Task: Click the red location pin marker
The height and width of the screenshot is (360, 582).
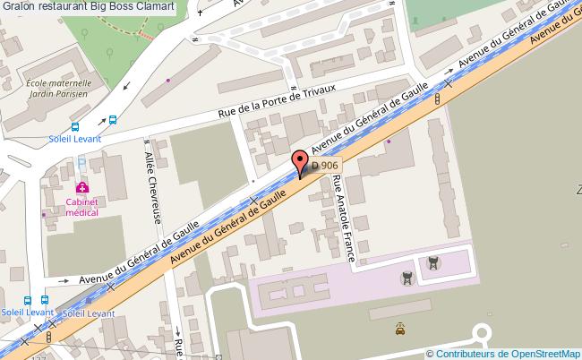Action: point(301,163)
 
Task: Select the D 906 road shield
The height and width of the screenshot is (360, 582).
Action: point(323,166)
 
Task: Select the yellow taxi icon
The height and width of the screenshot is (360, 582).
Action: point(398,329)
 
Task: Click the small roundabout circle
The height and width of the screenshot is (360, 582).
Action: point(483,336)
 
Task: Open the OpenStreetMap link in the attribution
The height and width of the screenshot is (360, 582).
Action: point(545,353)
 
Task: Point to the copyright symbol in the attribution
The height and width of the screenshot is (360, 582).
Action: point(431,353)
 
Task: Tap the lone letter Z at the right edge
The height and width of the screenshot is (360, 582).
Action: point(578,190)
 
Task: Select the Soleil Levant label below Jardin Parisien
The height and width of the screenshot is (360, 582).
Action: point(75,139)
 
